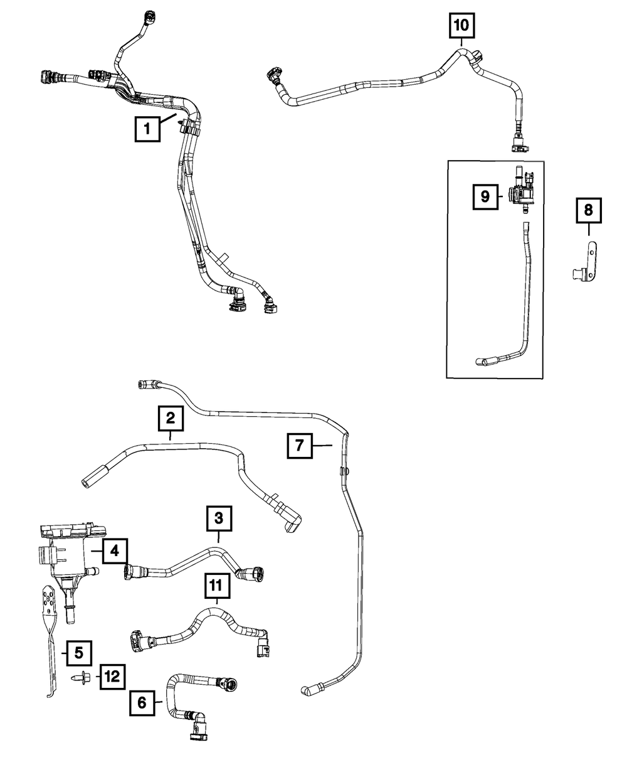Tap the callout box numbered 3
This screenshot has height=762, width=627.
pos(219,518)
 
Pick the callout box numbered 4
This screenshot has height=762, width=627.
pos(114,551)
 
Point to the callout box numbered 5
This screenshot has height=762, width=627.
pos(79,653)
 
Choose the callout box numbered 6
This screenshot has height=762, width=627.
pos(142,704)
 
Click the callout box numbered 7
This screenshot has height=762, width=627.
pos(300,446)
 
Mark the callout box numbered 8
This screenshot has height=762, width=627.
pos(588,211)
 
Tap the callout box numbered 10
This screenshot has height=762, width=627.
pos(461,26)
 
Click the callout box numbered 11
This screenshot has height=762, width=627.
pos(215,586)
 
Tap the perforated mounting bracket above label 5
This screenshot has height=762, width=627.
pos(50,603)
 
